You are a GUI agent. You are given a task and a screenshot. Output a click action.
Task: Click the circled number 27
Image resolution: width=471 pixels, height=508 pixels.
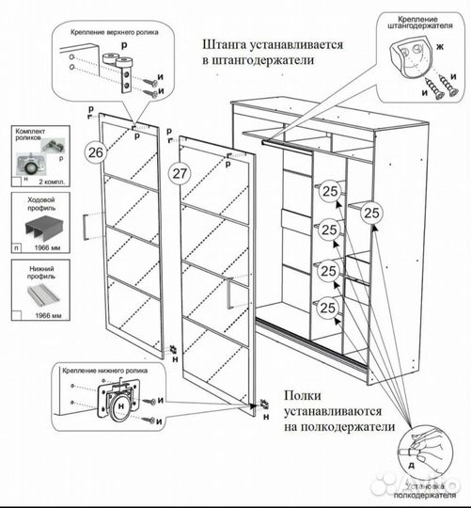(181, 171)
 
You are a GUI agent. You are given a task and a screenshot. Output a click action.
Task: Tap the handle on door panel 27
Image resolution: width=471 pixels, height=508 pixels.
(228, 294)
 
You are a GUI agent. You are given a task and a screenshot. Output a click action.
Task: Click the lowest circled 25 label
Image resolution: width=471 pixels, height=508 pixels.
(329, 306)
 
